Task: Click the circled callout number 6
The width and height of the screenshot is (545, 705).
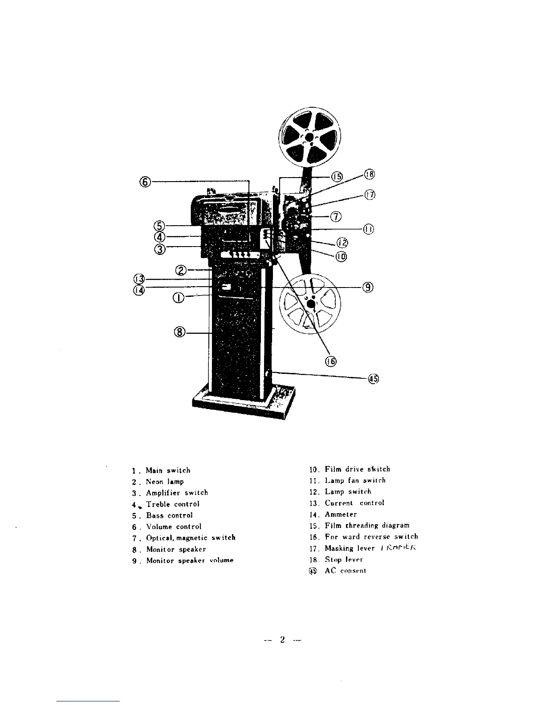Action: [145, 182]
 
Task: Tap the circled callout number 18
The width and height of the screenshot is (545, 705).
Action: [370, 174]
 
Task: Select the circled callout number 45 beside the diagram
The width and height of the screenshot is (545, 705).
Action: [373, 379]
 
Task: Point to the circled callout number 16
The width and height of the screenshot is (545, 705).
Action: [331, 361]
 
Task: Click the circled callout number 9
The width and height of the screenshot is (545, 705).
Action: [368, 287]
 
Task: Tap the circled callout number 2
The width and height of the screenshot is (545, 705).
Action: [181, 270]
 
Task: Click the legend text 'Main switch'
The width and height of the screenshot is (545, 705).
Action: [168, 470]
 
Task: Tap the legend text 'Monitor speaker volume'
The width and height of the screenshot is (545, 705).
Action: [190, 560]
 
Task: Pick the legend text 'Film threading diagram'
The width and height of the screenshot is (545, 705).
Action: [367, 526]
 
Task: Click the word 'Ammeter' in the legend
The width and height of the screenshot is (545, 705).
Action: [341, 515]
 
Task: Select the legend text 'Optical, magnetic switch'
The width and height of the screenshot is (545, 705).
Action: [191, 538]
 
